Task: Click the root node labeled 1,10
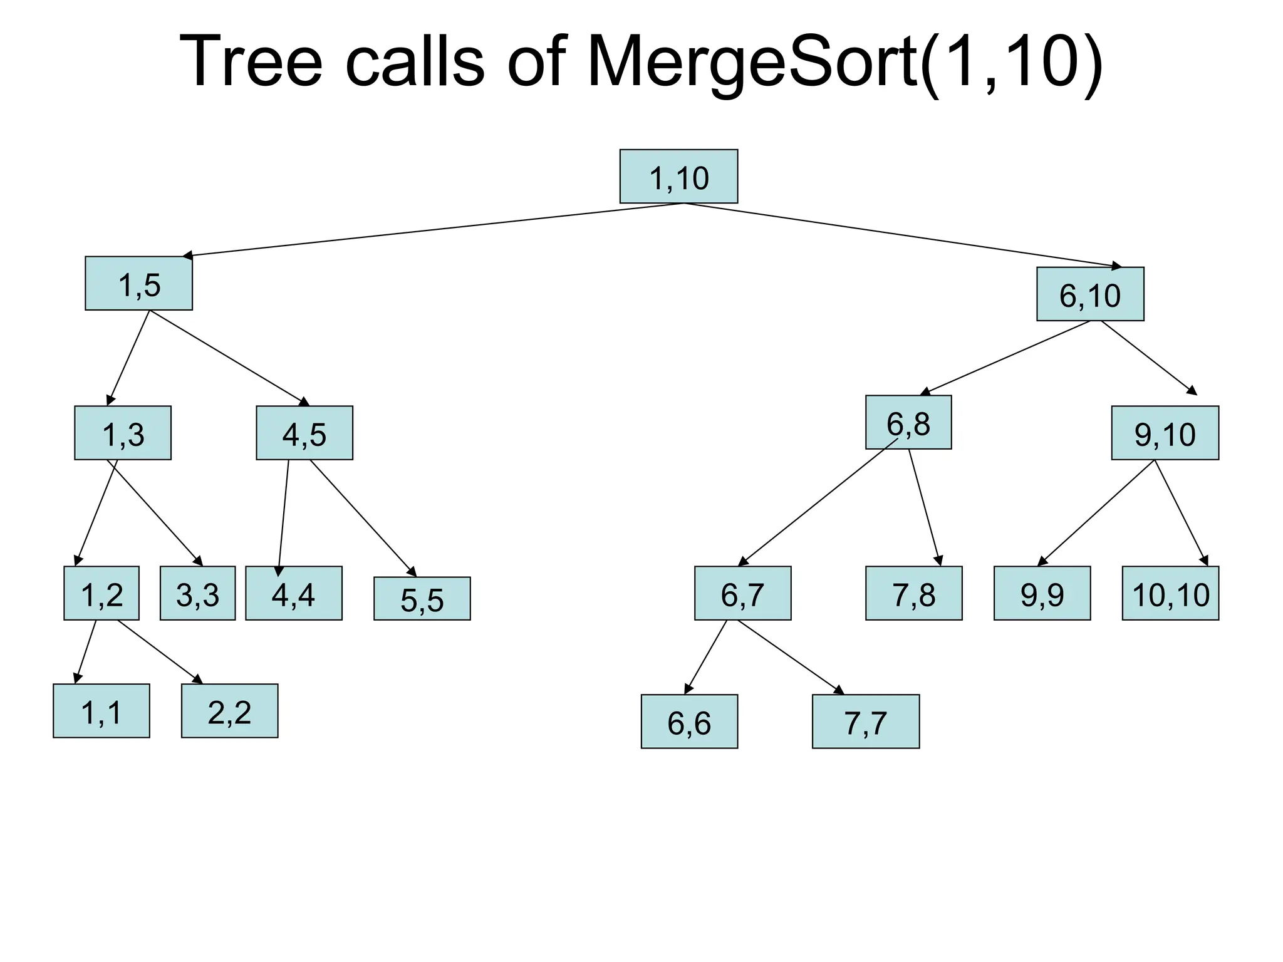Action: (678, 177)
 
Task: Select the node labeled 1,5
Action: (138, 284)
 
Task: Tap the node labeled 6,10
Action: (1090, 294)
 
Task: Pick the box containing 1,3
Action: (123, 433)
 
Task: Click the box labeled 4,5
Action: (304, 433)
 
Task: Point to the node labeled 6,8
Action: (908, 423)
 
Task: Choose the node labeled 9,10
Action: (1165, 433)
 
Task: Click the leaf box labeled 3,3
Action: (197, 594)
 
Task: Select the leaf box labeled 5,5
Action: (422, 599)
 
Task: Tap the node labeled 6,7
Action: (742, 594)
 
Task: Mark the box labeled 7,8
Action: (913, 594)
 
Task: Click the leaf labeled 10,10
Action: (1170, 594)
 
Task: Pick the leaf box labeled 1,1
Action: (101, 711)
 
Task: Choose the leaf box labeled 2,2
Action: (229, 711)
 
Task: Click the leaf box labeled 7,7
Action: (866, 722)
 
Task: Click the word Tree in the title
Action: (251, 63)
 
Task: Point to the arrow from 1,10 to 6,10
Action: (902, 235)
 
